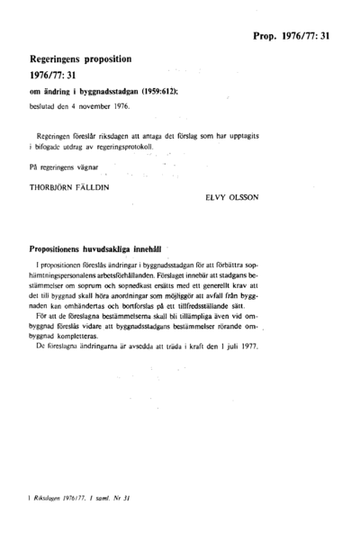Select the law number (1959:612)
click(x=167, y=92)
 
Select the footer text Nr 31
click(x=132, y=521)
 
